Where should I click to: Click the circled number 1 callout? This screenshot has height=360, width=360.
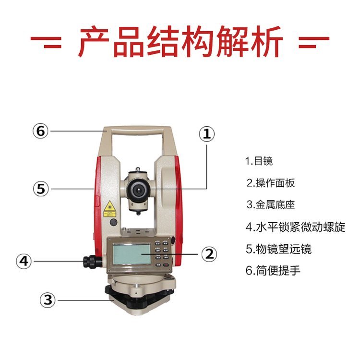(x=207, y=134)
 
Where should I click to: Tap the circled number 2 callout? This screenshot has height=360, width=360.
(x=209, y=254)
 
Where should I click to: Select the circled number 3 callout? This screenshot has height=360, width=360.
(x=48, y=300)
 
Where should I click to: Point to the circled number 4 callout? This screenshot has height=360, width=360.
(x=24, y=261)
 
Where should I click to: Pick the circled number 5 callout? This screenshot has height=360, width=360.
(x=41, y=189)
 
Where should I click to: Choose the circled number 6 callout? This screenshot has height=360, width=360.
(x=41, y=131)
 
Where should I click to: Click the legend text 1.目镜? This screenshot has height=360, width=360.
(x=259, y=161)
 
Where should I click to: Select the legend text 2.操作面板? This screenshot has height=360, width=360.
(x=270, y=183)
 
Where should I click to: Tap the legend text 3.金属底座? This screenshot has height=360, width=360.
(x=270, y=204)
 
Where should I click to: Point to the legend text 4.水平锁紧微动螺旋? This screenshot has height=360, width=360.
(x=296, y=227)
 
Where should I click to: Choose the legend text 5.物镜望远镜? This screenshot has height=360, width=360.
(x=278, y=249)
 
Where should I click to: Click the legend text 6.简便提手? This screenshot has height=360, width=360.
(x=273, y=270)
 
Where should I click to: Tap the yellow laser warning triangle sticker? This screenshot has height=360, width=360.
(x=109, y=206)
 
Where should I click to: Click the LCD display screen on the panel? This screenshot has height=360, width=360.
(x=132, y=254)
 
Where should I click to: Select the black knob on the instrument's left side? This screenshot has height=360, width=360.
(x=93, y=261)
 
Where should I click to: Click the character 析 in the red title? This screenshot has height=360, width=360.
(x=267, y=41)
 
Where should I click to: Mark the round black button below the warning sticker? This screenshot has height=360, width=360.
(x=113, y=222)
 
